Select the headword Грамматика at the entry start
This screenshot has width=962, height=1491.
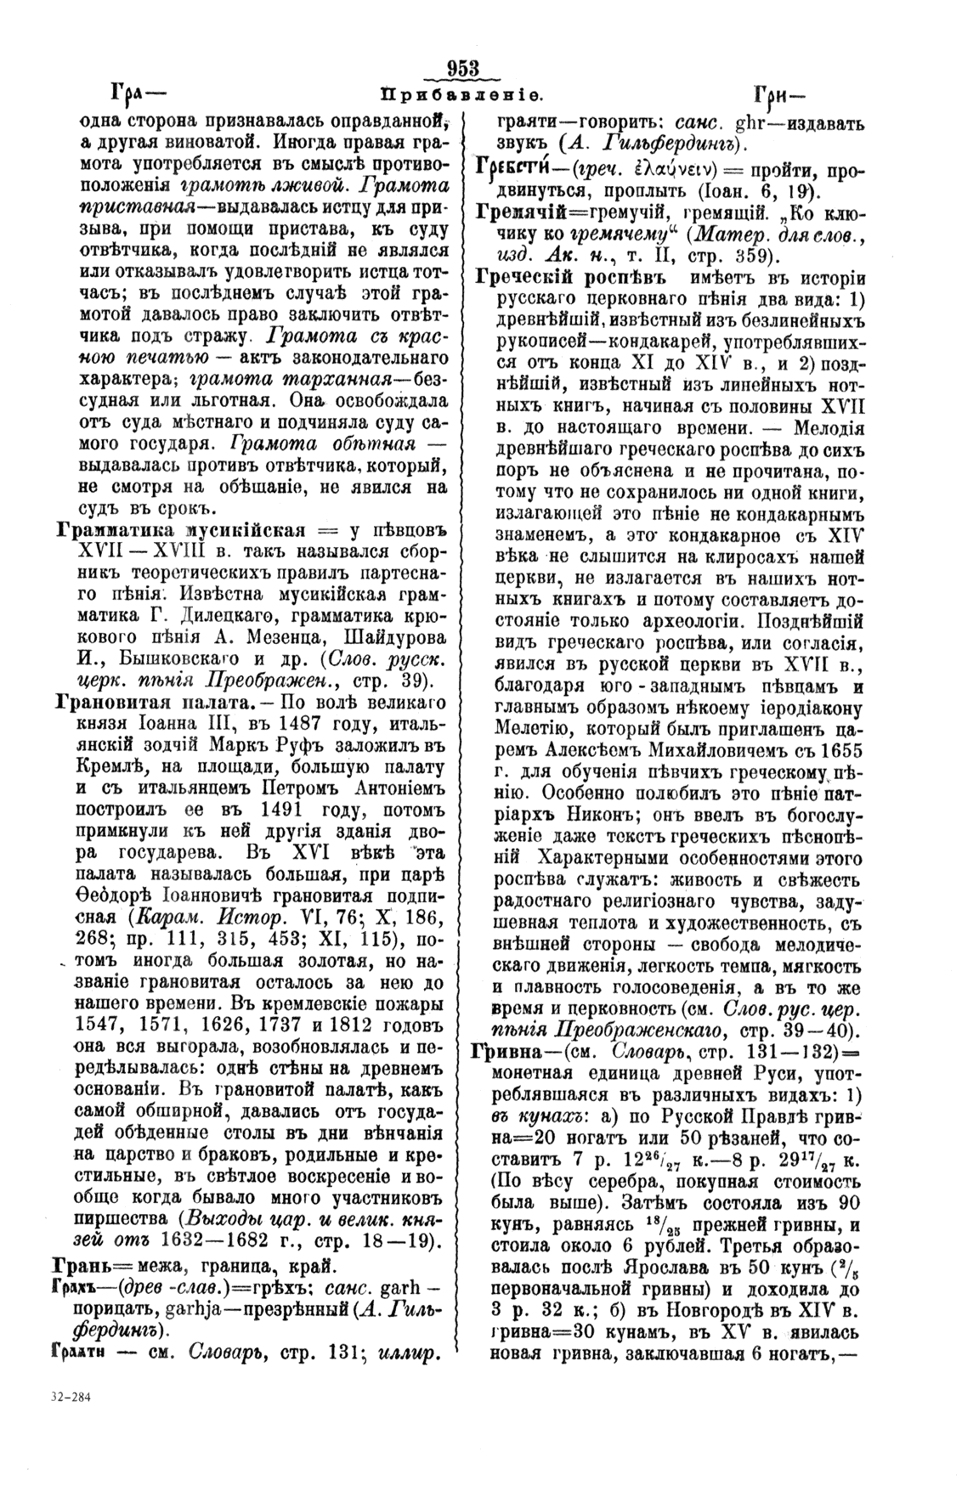[110, 532]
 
